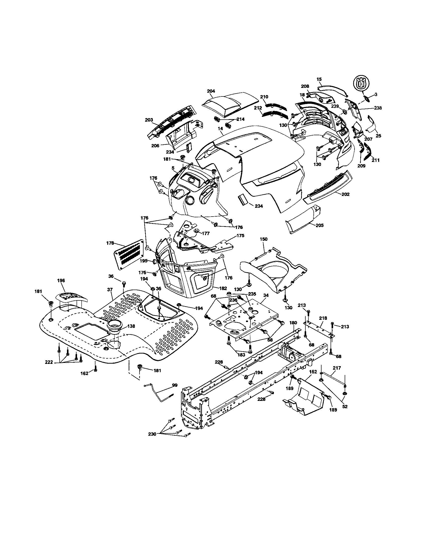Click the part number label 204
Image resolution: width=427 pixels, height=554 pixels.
pyautogui.click(x=211, y=91)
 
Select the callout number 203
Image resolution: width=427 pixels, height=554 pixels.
pyautogui.click(x=149, y=120)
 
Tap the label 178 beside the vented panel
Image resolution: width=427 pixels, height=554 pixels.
pyautogui.click(x=110, y=243)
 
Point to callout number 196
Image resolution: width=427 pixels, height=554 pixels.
pyautogui.click(x=61, y=280)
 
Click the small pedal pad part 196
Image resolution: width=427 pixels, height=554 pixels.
pyautogui.click(x=71, y=297)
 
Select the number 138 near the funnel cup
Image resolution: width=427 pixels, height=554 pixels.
pyautogui.click(x=131, y=326)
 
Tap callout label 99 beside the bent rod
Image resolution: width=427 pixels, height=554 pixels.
pyautogui.click(x=175, y=385)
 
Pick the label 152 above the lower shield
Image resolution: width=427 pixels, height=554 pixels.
pyautogui.click(x=313, y=372)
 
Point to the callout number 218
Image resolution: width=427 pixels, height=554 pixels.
pyautogui.click(x=323, y=318)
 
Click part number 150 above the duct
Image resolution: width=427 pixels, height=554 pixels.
pyautogui.click(x=264, y=239)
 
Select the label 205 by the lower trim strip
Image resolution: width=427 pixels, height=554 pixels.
pyautogui.click(x=320, y=225)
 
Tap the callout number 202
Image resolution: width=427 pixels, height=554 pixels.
pyautogui.click(x=345, y=194)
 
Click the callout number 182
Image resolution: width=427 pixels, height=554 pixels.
pyautogui.click(x=223, y=288)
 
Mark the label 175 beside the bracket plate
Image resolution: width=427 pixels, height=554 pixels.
pyautogui.click(x=240, y=235)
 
